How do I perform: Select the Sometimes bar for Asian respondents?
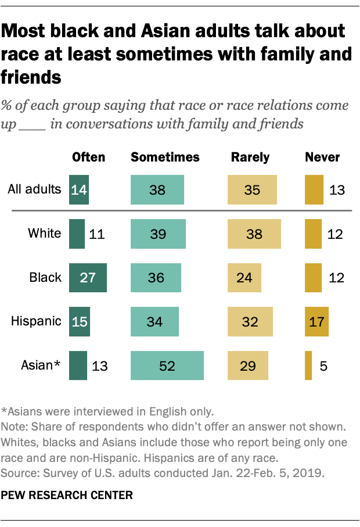click(x=167, y=365)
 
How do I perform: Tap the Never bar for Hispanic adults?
click(x=316, y=321)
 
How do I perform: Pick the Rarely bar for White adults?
click(x=254, y=234)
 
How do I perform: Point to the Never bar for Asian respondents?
click(x=308, y=365)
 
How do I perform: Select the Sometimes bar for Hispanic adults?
click(x=155, y=321)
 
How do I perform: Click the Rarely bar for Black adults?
click(x=244, y=277)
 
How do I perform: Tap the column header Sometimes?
click(x=165, y=157)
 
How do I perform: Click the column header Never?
click(x=323, y=157)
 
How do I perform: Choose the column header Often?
click(x=88, y=157)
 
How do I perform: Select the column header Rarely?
click(x=250, y=157)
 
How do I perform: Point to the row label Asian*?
click(x=42, y=365)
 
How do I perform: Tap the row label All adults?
click(x=35, y=189)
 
